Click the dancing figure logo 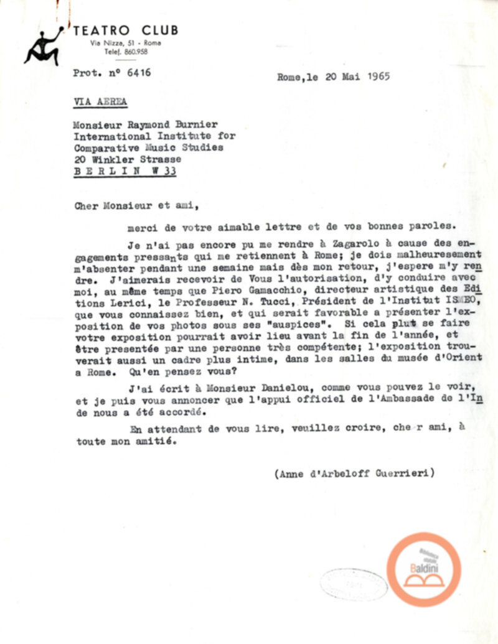tap(42, 47)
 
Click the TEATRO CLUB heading tap(125, 30)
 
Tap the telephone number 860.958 tap(135, 52)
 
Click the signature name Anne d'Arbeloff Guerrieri tap(354, 474)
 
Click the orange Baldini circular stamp tap(424, 569)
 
